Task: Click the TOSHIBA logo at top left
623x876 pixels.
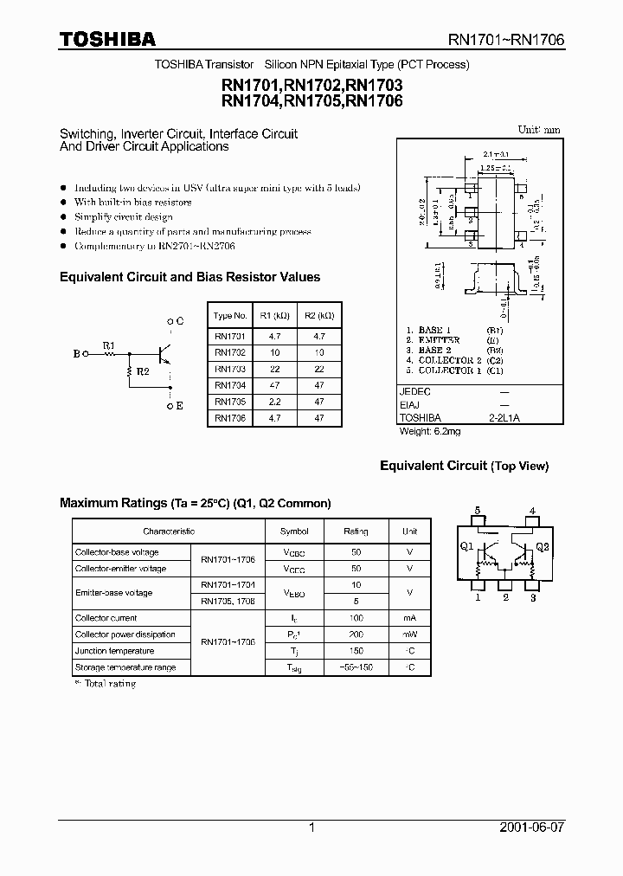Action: click(x=107, y=39)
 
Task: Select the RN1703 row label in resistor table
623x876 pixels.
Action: click(x=229, y=369)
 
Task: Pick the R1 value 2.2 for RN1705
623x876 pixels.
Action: click(x=274, y=402)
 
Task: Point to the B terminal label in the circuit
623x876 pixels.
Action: click(x=77, y=354)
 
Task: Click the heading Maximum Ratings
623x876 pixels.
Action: click(x=112, y=503)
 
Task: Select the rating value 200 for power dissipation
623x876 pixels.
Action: click(x=356, y=634)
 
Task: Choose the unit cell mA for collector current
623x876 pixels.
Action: click(x=409, y=618)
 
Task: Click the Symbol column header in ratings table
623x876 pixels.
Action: click(x=294, y=531)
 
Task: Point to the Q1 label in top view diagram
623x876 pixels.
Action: click(x=466, y=546)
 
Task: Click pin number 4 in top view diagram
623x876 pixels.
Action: click(x=532, y=511)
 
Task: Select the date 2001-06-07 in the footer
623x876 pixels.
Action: click(x=532, y=828)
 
